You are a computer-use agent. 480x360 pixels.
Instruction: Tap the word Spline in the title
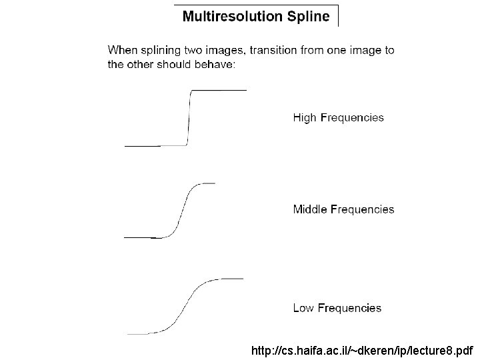point(307,17)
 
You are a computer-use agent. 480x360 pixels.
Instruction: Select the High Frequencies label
point(339,118)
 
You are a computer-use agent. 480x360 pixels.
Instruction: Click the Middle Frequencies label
point(343,209)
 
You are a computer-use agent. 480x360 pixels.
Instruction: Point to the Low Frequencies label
point(337,308)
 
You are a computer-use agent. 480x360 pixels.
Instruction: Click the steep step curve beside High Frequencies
point(190,117)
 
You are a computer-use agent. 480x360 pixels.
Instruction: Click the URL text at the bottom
point(363,350)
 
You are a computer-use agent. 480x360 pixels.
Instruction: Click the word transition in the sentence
point(274,50)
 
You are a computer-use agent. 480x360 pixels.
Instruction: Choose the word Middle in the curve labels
point(309,209)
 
